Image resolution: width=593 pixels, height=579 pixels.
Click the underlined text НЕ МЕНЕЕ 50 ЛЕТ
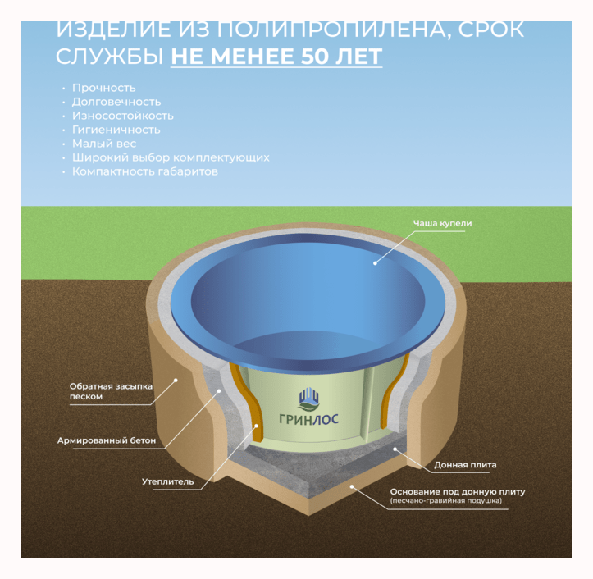point(276,57)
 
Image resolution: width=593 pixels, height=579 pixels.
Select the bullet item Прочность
point(104,88)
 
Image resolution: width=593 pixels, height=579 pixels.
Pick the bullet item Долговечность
point(116,102)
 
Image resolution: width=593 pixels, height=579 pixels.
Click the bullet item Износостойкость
point(122,116)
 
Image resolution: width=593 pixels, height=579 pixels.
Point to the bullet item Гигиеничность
point(116,130)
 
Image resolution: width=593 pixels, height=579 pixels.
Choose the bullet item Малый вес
point(104,144)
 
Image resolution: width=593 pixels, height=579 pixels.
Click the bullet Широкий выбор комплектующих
point(171,157)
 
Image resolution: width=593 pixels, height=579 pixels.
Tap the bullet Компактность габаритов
point(145,171)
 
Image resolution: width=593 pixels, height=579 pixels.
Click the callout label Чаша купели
point(442,223)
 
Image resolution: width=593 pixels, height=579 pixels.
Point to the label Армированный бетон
point(106,440)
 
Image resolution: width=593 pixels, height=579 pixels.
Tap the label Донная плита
point(464,465)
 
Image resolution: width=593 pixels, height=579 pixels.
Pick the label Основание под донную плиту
point(457,492)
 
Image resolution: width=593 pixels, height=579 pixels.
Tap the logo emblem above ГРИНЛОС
point(308,398)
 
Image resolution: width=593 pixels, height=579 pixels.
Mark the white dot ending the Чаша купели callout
point(375,262)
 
